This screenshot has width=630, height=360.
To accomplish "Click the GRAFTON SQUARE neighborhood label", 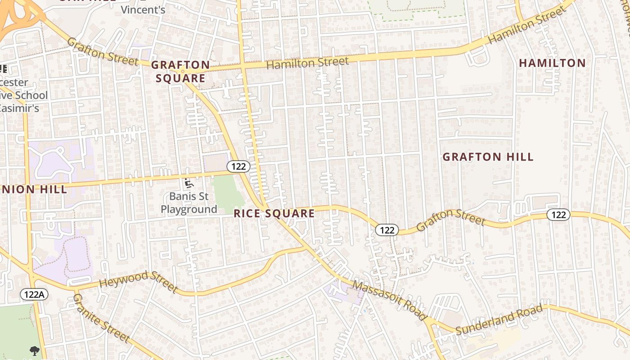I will (180, 72).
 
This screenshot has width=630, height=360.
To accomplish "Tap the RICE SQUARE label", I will (274, 213).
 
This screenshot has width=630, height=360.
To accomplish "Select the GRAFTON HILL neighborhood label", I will (488, 157).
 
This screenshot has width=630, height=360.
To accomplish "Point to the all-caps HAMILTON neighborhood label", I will (552, 63).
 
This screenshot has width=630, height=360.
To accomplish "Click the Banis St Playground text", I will (189, 203).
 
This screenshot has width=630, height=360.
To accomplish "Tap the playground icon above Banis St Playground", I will (189, 184).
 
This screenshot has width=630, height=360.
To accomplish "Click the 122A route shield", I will (34, 294).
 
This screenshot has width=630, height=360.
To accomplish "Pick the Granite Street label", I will (101, 318).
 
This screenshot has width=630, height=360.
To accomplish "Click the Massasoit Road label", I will (390, 300).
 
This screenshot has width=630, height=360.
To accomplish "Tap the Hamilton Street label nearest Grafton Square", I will (307, 63).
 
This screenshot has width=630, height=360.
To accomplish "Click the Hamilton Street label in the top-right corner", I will (526, 25).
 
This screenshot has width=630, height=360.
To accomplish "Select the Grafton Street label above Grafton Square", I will (103, 51).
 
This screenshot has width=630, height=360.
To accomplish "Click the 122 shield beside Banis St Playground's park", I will (238, 166).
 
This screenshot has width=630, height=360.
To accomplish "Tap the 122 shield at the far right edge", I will (558, 215).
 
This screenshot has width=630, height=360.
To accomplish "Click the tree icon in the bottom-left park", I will (34, 351).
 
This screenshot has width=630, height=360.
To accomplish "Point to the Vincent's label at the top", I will (143, 9).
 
